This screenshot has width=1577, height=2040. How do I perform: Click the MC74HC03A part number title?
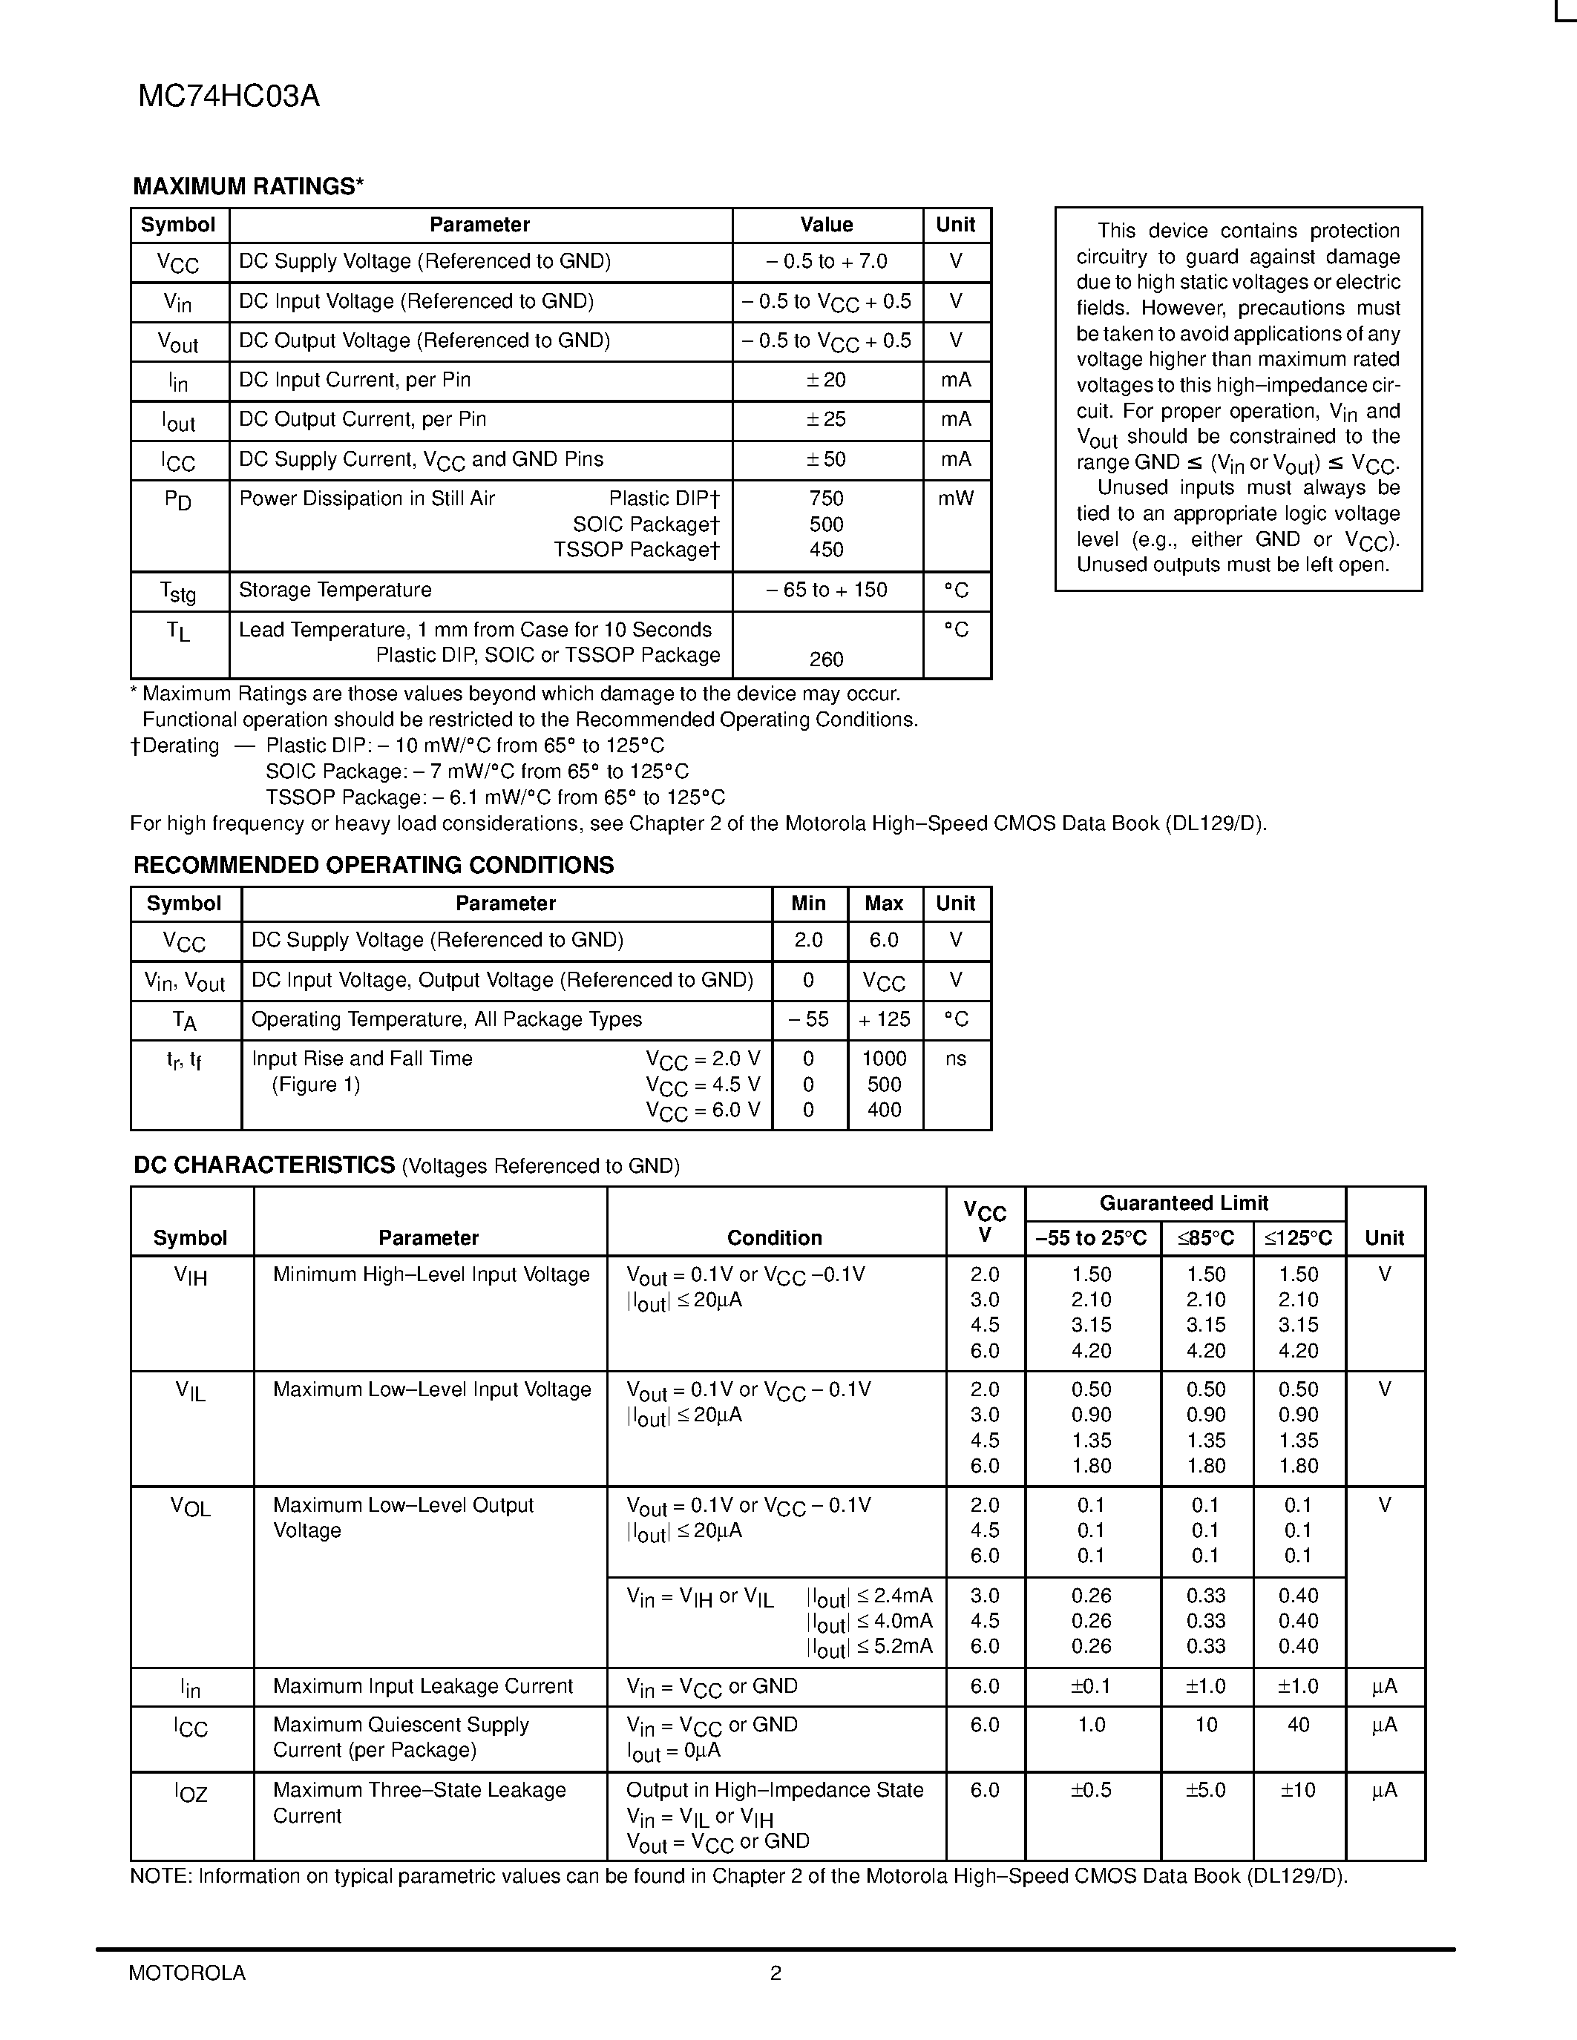click(x=229, y=96)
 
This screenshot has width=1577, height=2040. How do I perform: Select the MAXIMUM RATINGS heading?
click(x=248, y=187)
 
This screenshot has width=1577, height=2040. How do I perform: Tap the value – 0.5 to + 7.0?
click(x=826, y=262)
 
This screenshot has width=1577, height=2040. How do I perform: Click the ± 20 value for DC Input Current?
click(x=826, y=380)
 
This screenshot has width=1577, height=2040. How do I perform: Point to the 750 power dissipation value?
click(x=826, y=499)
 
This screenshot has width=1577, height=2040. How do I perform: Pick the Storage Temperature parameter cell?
click(x=335, y=590)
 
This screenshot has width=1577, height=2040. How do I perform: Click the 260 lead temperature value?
click(x=826, y=659)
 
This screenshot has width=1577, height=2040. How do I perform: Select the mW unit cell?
click(x=956, y=499)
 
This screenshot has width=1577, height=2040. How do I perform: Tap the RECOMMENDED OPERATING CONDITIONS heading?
click(x=374, y=865)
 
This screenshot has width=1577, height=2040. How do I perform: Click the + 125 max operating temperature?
click(x=884, y=1019)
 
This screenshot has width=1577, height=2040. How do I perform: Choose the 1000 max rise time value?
click(x=884, y=1059)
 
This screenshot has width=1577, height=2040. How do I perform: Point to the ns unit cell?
click(x=956, y=1059)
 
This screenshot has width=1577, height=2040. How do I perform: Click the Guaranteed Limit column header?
click(x=1184, y=1203)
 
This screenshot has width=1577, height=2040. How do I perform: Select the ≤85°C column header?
click(x=1205, y=1239)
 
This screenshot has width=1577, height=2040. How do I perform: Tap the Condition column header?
click(x=775, y=1239)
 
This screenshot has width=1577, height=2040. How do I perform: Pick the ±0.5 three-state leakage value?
click(x=1091, y=1791)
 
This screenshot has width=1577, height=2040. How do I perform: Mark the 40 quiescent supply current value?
click(x=1298, y=1725)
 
